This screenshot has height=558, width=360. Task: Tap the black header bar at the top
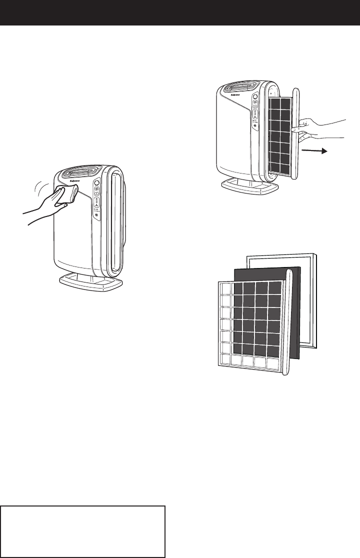180,12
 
